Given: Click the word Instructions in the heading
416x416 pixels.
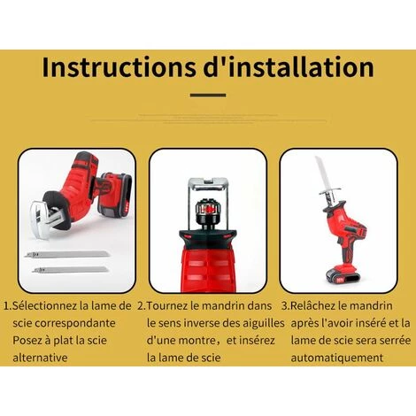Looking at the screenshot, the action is (x=119, y=67).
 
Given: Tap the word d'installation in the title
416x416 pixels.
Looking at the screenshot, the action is (x=289, y=67).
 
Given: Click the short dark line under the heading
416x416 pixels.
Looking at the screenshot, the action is (x=208, y=96).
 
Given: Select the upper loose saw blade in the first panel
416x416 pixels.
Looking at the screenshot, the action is (x=67, y=254).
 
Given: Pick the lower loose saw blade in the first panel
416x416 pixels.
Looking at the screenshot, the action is (x=70, y=269).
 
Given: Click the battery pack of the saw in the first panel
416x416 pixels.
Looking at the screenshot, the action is (x=114, y=194).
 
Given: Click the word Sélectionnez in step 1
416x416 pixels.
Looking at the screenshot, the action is (x=45, y=305).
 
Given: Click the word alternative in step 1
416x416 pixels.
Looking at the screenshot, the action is (x=40, y=358).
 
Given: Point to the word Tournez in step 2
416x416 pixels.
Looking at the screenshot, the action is (x=167, y=305).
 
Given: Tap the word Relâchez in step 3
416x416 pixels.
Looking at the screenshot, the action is (x=313, y=305).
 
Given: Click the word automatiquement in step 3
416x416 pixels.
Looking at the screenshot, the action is (x=337, y=358).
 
